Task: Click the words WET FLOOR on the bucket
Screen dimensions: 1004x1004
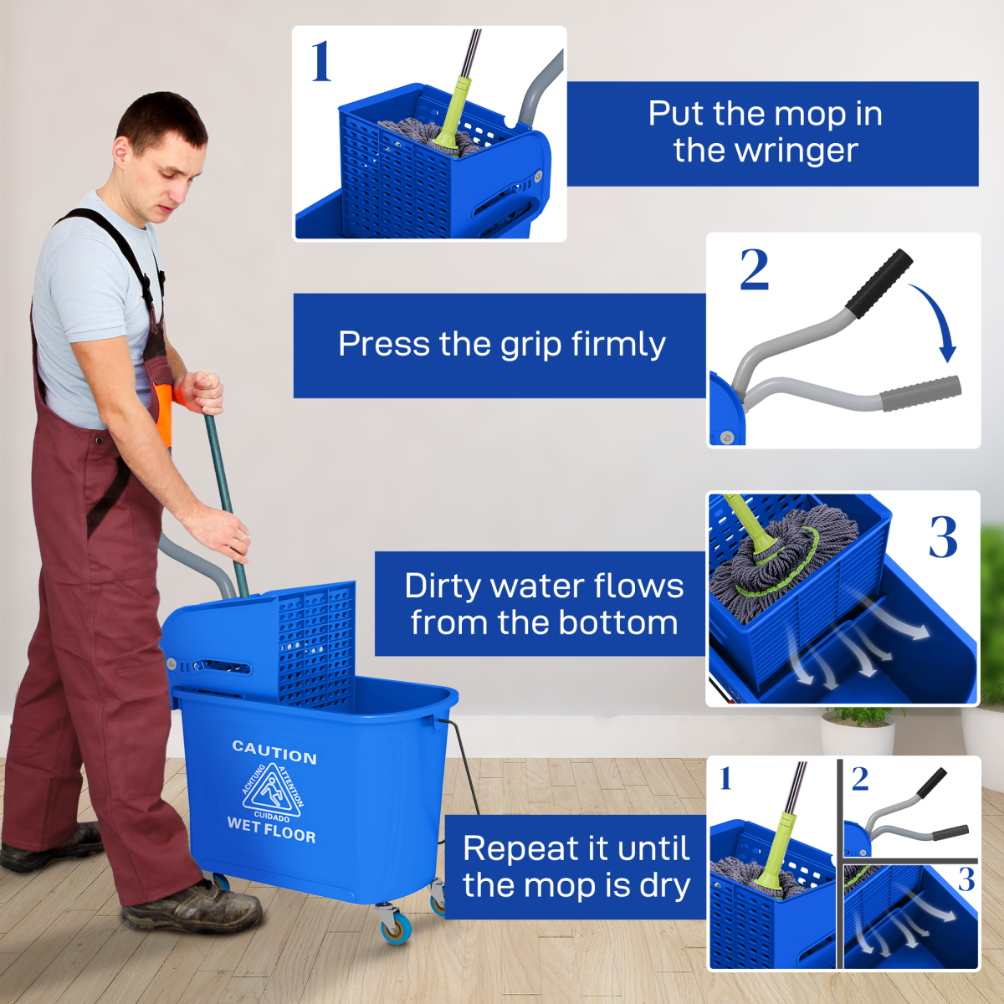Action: (x=271, y=829)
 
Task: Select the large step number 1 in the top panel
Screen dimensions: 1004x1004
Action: (x=321, y=62)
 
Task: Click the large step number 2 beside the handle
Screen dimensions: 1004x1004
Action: (x=754, y=270)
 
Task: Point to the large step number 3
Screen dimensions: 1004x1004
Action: (x=943, y=537)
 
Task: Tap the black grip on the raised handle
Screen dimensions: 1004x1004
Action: (x=878, y=283)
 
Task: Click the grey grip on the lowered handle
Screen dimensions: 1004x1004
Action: (x=920, y=393)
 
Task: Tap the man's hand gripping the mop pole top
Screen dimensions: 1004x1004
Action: (x=202, y=392)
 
